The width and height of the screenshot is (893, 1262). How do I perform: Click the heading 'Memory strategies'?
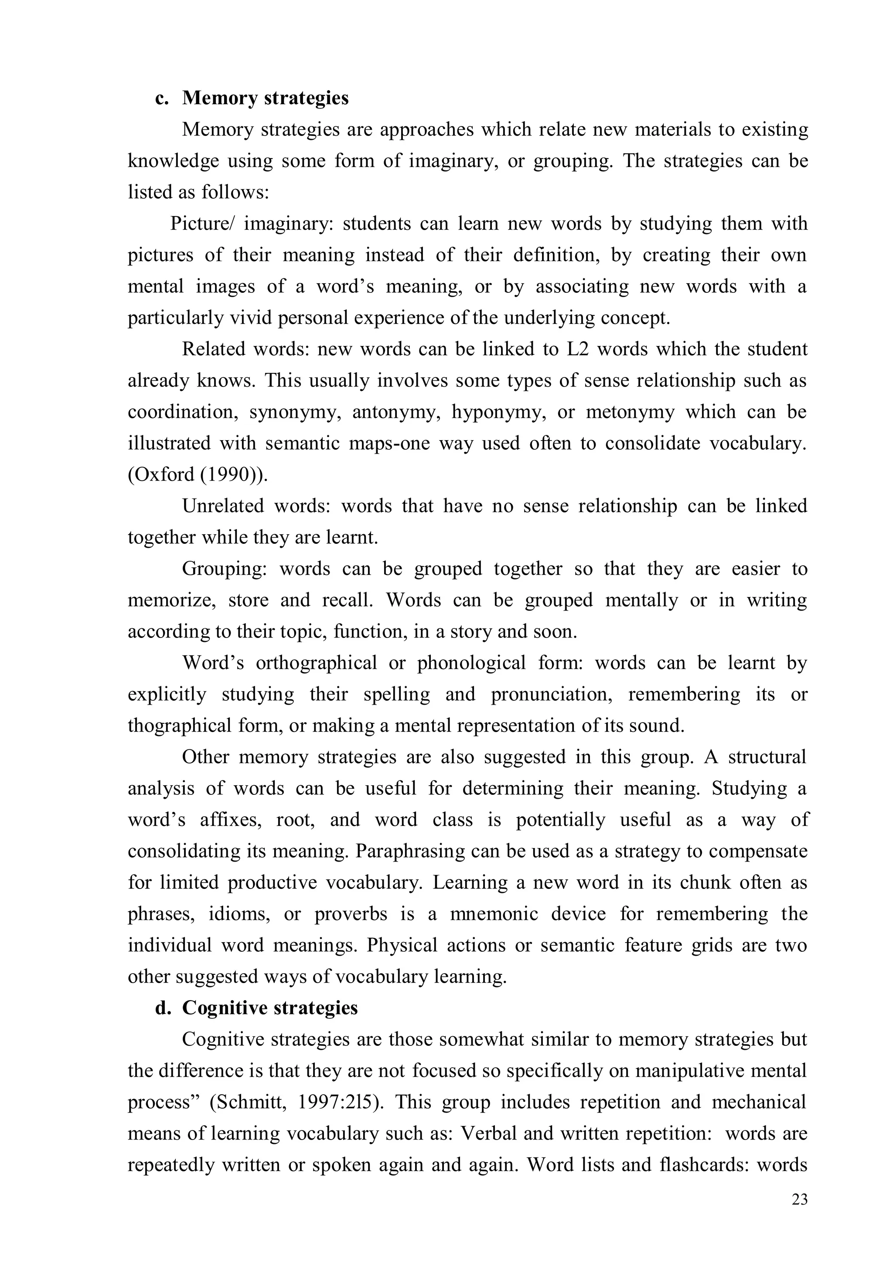(x=265, y=98)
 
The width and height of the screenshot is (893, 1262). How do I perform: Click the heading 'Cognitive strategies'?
(x=269, y=1008)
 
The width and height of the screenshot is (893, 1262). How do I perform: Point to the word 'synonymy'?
(x=295, y=412)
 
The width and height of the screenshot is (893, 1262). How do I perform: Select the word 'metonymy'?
(x=630, y=412)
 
